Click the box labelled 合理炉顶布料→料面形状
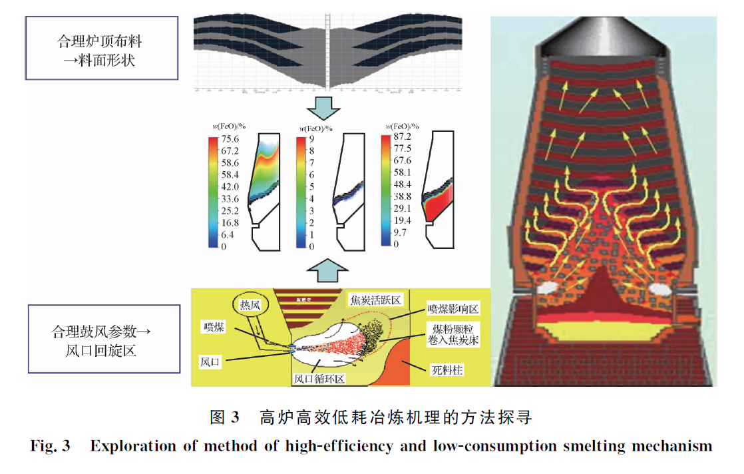pos(101,49)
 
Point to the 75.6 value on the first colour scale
pos(230,139)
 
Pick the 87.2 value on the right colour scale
pos(403,136)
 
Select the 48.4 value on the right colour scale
pos(403,184)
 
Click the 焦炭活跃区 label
pos(375,300)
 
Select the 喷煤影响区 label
pos(453,310)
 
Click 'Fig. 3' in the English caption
pos(51,446)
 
